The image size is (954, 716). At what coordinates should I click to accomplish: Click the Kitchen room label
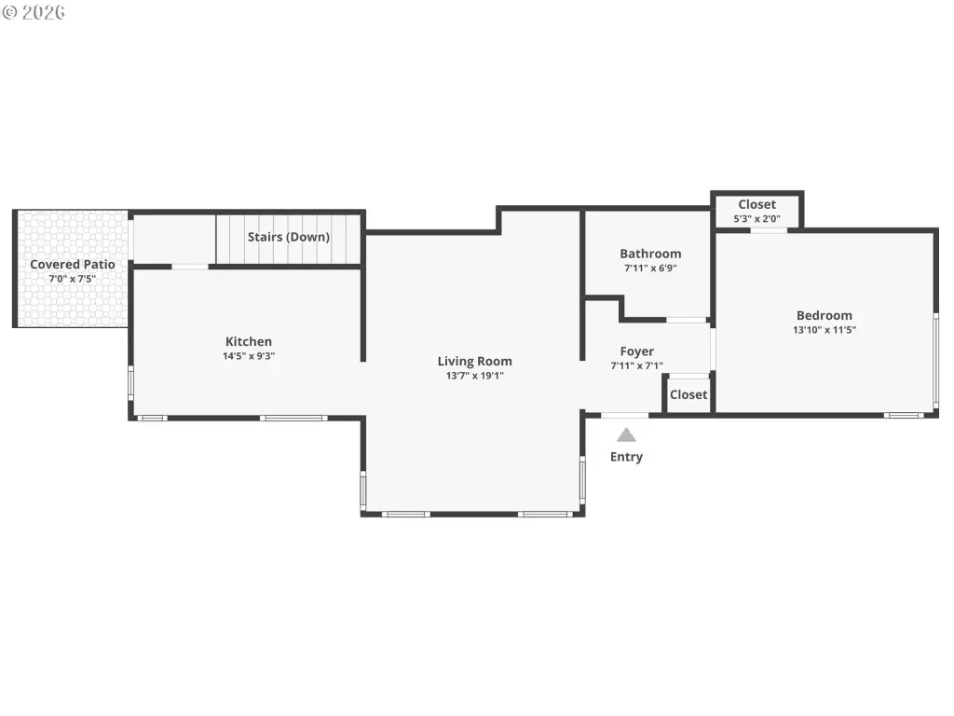tap(248, 341)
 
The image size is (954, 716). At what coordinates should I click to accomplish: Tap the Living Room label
tap(474, 361)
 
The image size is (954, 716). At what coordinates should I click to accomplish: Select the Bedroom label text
tap(825, 315)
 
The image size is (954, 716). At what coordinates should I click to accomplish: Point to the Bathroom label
tap(650, 254)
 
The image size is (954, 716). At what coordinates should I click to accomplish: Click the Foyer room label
tap(637, 351)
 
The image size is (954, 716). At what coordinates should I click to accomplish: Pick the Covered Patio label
tap(73, 264)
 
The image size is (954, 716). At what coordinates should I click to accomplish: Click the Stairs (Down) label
tap(289, 237)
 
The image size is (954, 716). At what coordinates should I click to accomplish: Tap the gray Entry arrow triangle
tap(626, 434)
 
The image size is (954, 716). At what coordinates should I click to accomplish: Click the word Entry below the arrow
tap(626, 457)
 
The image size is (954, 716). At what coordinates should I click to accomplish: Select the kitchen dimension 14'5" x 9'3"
tap(248, 356)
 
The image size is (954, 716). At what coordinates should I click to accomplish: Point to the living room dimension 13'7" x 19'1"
tap(474, 376)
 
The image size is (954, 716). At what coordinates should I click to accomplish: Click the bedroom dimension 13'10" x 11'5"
tap(825, 330)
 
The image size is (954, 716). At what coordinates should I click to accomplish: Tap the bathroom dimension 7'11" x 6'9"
tap(650, 268)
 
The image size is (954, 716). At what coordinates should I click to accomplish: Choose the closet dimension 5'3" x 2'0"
tap(756, 218)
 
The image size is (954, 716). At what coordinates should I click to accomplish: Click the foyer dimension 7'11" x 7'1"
tap(637, 365)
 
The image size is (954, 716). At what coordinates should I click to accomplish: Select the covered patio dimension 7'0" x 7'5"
tap(73, 279)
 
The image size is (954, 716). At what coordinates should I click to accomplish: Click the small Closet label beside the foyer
tap(688, 394)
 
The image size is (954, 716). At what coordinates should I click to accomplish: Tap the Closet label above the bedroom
tap(756, 204)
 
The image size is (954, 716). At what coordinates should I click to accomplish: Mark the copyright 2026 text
tap(34, 12)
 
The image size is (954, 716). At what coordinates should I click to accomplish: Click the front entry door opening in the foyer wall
tap(625, 415)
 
